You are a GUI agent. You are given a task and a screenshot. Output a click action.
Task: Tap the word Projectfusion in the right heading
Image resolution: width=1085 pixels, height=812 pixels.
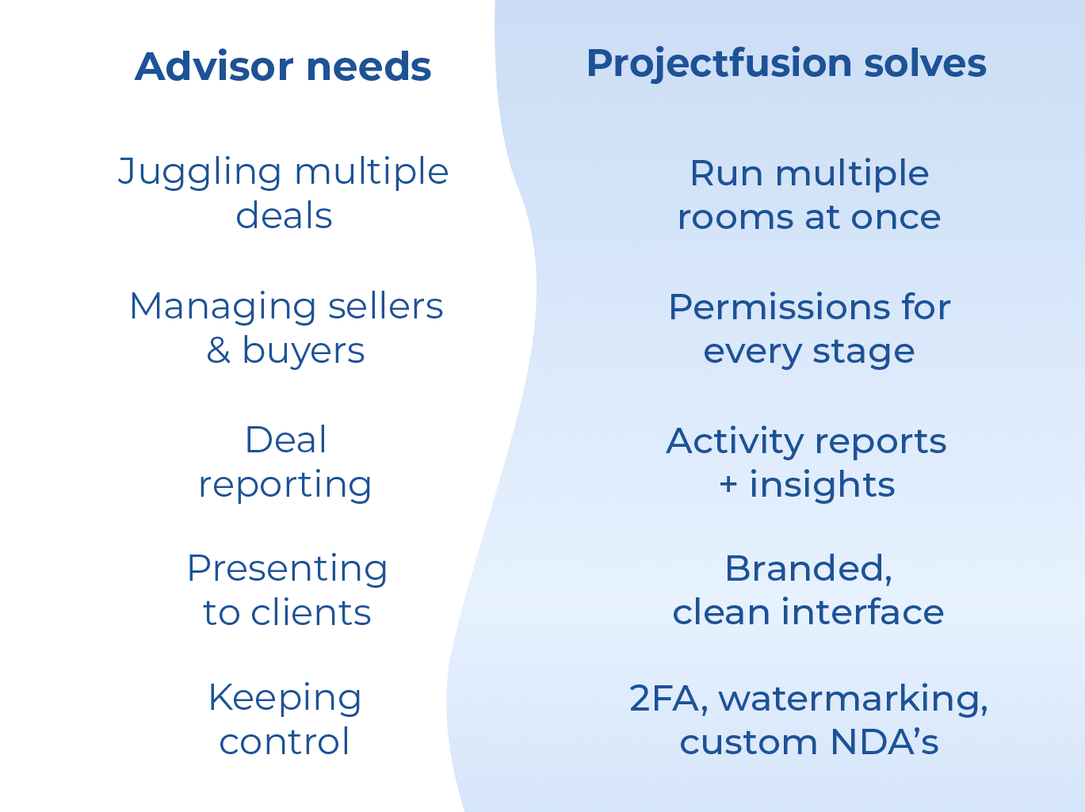click(x=718, y=63)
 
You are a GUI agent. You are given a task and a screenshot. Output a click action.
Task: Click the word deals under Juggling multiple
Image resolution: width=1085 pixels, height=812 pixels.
click(x=284, y=215)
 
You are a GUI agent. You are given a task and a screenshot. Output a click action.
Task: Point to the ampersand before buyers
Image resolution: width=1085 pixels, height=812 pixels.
click(x=218, y=351)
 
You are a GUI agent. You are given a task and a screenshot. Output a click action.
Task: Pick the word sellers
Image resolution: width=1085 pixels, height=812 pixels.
click(x=385, y=307)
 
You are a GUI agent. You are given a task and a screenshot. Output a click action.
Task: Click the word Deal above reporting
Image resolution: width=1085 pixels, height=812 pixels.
click(x=285, y=440)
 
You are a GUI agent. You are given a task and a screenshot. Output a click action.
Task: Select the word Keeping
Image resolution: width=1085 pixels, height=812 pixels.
click(x=285, y=699)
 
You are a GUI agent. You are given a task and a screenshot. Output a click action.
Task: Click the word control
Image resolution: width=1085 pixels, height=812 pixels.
click(x=285, y=741)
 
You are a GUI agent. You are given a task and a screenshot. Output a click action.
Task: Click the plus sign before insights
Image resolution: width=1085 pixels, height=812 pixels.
click(x=728, y=485)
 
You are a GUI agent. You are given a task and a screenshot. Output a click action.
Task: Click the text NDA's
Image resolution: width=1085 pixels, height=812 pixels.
click(x=884, y=742)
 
